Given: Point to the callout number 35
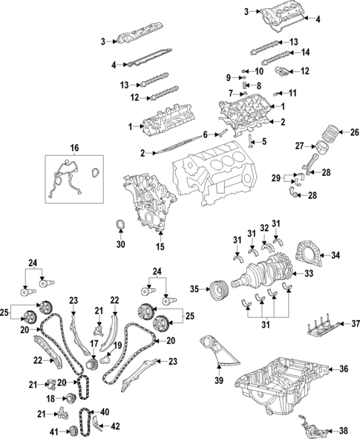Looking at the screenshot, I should click(194, 288).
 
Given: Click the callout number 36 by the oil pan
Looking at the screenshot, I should click(343, 368).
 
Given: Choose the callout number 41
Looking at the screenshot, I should click(53, 432).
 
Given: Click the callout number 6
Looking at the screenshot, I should click(206, 135).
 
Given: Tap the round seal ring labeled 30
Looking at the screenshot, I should click(121, 225).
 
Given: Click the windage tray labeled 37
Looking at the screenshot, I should click(319, 326).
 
